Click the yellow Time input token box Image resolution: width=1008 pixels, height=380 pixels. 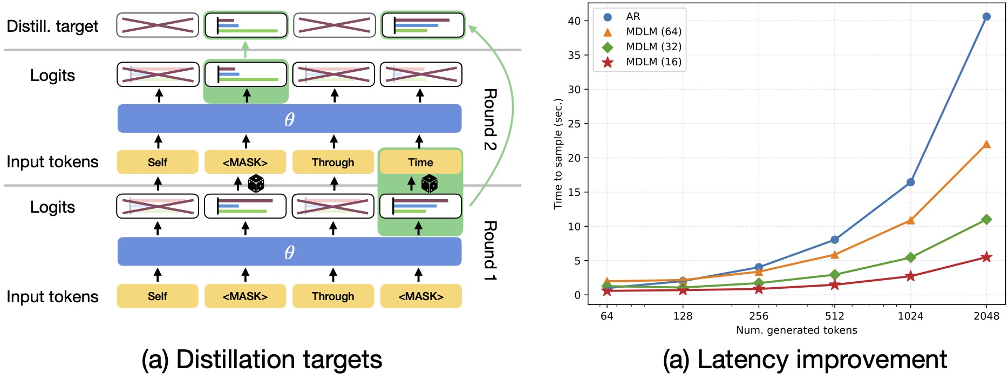420,162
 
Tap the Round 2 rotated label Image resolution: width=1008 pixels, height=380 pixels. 489,119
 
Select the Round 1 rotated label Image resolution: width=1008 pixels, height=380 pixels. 489,250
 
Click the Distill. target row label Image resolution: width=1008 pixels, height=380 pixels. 52,26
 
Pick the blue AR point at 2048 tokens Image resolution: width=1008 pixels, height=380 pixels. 986,17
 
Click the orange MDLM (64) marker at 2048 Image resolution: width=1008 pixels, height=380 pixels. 986,144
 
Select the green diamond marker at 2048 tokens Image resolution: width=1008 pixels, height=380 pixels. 986,219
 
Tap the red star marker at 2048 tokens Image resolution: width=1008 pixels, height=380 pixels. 986,257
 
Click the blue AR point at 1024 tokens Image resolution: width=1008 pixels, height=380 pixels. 910,182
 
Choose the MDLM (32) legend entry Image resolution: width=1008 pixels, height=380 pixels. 653,47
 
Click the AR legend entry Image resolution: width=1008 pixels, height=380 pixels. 633,17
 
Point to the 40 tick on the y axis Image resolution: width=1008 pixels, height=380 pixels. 574,21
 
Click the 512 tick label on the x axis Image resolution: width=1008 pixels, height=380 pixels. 834,316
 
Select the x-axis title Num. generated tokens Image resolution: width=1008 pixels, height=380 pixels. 796,330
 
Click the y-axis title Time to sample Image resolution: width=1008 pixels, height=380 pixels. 558,154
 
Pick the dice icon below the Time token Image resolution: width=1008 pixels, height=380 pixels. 430,184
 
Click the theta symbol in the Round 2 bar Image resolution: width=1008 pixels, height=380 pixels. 289,119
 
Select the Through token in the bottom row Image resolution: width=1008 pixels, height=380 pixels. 333,296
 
